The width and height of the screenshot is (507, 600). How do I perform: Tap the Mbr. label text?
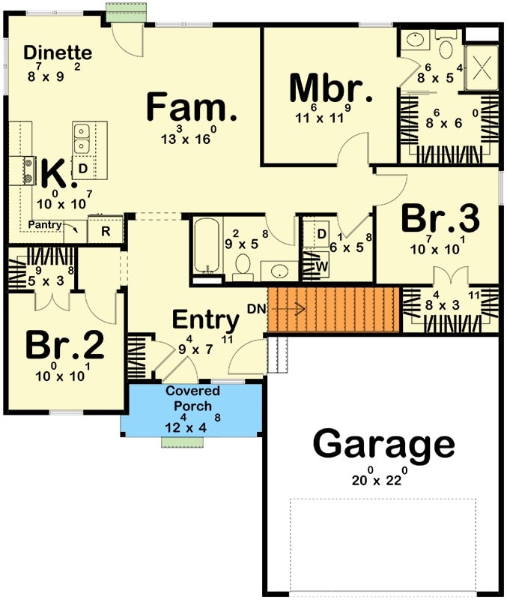coord(330,89)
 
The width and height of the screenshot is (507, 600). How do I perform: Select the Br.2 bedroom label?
coord(64,346)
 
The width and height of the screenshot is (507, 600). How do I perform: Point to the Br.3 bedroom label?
coord(439,220)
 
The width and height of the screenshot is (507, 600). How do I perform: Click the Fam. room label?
coord(192,108)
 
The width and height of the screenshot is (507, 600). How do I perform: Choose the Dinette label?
coord(58,53)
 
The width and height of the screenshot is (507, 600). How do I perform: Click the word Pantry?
coord(45,224)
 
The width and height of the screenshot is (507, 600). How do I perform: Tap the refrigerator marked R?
coord(106,231)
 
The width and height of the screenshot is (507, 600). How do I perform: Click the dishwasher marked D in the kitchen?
coord(82,169)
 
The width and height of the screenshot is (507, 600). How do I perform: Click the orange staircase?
coord(333,308)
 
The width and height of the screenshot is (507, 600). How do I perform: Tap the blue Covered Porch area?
coord(192,409)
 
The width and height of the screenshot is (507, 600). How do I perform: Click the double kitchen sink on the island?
coord(82,139)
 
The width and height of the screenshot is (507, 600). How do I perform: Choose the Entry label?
coord(206,320)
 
